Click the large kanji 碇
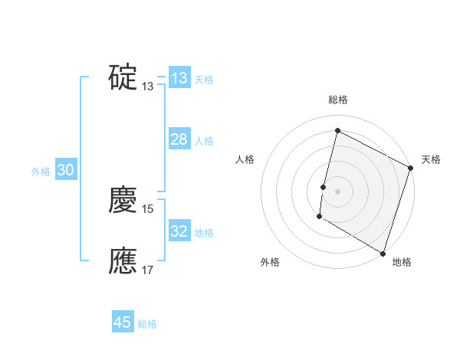(123, 77)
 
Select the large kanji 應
(123, 260)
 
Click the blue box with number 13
(179, 78)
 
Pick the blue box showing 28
(179, 139)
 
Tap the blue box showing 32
(179, 231)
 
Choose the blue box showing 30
(65, 171)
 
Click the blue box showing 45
(123, 322)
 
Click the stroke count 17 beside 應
(149, 270)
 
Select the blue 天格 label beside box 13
(204, 80)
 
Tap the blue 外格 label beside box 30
(41, 172)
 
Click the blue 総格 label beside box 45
(147, 324)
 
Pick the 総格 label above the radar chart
(337, 100)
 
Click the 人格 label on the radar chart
(245, 159)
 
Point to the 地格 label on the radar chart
(402, 262)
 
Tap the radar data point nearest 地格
(382, 252)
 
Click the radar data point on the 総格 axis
(337, 130)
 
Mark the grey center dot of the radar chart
(337, 191)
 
